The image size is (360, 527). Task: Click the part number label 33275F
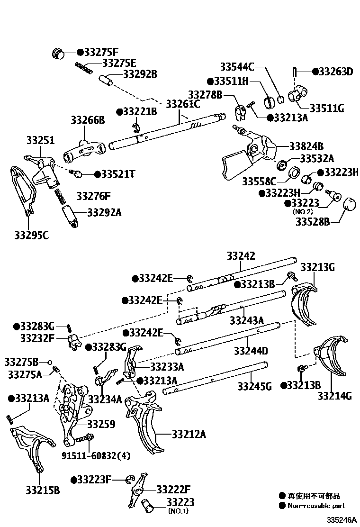pyautogui.click(x=101, y=53)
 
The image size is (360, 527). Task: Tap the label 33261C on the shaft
pyautogui.click(x=182, y=103)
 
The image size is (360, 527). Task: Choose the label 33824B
pyautogui.click(x=306, y=146)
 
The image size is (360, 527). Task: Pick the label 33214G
pyautogui.click(x=334, y=396)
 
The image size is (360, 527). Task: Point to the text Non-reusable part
pyautogui.click(x=316, y=506)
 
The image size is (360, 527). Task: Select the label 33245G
pyautogui.click(x=255, y=386)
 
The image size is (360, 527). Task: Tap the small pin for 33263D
pyautogui.click(x=295, y=72)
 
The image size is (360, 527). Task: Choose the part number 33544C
pyautogui.click(x=237, y=66)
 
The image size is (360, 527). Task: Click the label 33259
pyautogui.click(x=101, y=424)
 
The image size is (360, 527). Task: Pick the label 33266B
pyautogui.click(x=88, y=120)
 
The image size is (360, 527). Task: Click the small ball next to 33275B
pyautogui.click(x=49, y=362)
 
